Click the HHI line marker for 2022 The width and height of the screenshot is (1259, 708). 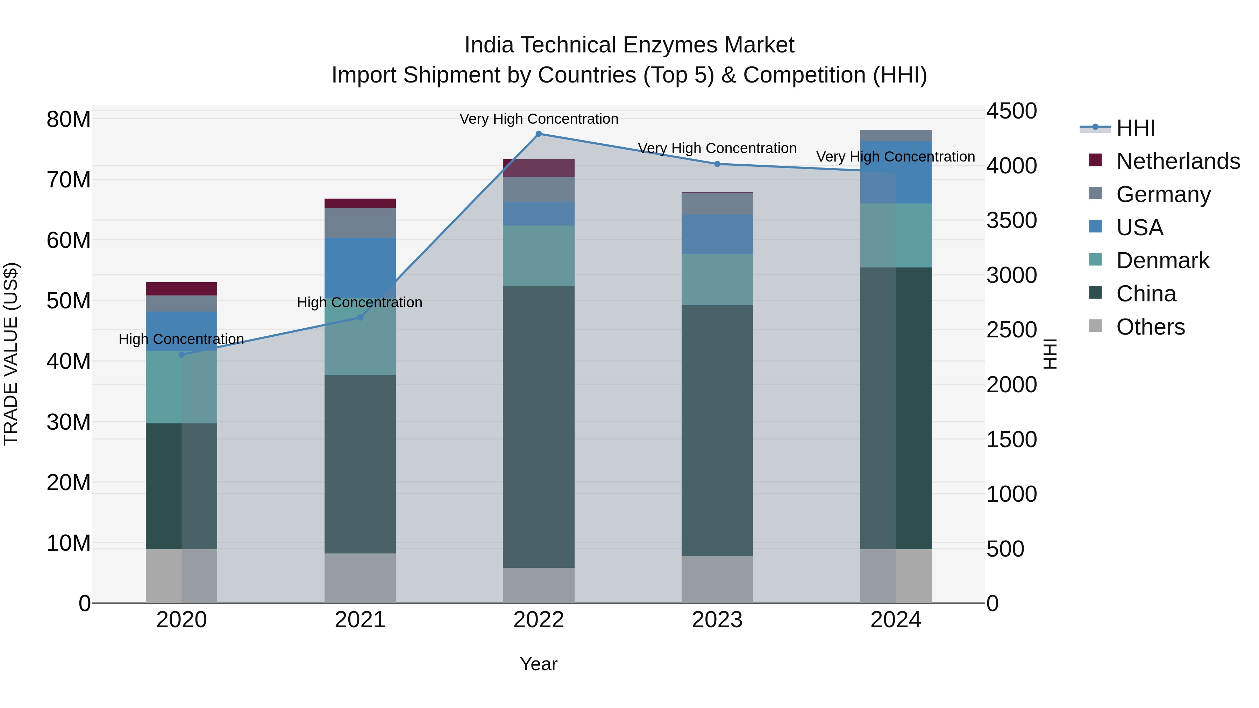click(539, 134)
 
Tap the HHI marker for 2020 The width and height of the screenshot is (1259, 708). click(182, 354)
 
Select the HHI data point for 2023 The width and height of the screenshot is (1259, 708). click(717, 164)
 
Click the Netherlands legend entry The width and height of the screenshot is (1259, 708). click(1178, 161)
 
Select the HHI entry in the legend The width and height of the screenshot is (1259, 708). click(1135, 128)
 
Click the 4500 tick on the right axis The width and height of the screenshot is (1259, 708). click(1011, 111)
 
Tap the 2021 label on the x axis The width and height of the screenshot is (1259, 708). click(360, 620)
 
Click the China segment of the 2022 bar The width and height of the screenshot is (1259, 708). click(539, 426)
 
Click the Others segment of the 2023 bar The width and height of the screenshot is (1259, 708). click(717, 579)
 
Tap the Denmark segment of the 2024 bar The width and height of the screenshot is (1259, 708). click(895, 235)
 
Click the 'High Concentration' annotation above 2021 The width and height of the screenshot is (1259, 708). click(360, 302)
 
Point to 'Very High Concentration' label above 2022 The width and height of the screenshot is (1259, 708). click(539, 119)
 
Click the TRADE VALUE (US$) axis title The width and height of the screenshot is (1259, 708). click(11, 354)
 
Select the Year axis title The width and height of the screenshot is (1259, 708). click(539, 664)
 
